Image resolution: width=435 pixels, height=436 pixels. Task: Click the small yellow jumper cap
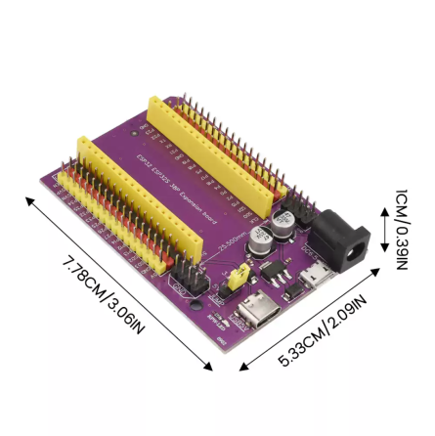click(x=235, y=280)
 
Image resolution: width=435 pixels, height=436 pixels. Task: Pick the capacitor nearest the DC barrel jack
click(x=283, y=222)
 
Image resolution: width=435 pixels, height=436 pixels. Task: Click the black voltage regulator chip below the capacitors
click(x=277, y=264)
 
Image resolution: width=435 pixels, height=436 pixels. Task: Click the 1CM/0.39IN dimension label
click(x=402, y=230)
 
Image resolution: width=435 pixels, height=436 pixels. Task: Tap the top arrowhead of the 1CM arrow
click(x=384, y=208)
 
